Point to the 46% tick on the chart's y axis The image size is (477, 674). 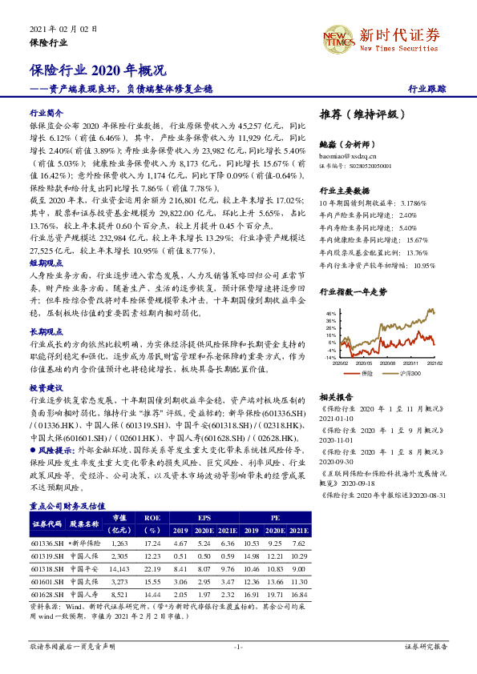331,313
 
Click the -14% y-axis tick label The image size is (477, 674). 330,358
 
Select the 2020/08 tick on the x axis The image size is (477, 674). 388,363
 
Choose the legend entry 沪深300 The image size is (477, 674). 407,373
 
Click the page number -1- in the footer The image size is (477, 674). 238,644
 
